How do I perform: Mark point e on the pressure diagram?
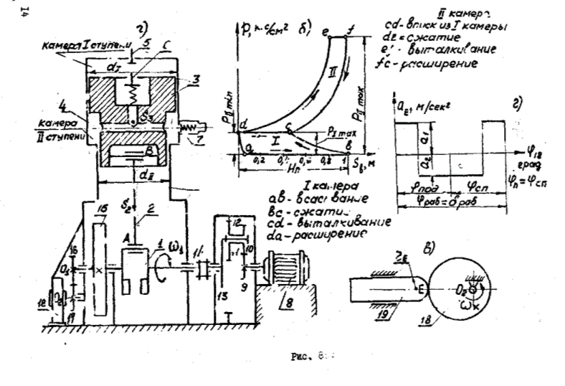(327, 32)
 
